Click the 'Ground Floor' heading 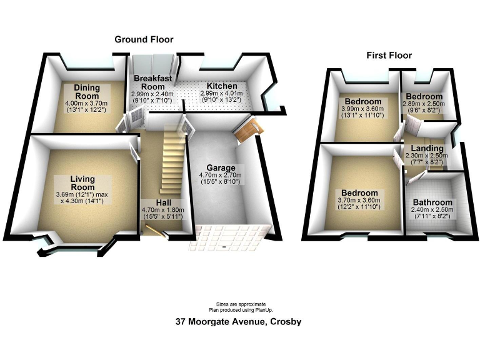144,39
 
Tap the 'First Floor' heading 389,56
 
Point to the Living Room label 82,182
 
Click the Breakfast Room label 152,82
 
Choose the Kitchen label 222,86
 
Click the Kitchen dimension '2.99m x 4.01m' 222,94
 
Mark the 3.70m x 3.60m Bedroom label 359,192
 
